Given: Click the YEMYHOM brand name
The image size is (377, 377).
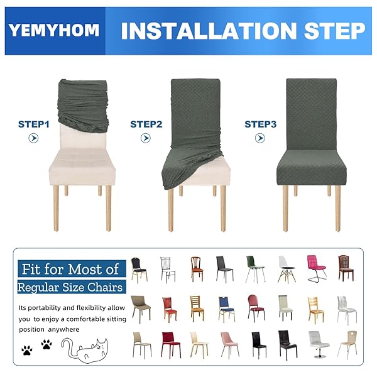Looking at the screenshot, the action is [x=54, y=30].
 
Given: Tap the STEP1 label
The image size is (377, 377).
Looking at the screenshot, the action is [x=34, y=124].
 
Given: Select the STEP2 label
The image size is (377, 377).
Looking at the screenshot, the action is [x=146, y=124].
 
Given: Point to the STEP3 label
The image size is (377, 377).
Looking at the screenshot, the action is [x=260, y=124].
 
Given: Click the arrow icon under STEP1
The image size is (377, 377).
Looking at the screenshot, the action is [x=33, y=138].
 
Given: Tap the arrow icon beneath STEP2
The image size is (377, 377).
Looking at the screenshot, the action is [x=146, y=138].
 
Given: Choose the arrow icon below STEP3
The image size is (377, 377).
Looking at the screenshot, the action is [x=260, y=138].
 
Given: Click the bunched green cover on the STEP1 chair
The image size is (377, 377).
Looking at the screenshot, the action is [x=84, y=106].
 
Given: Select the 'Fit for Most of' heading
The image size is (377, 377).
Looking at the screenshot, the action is [x=70, y=269].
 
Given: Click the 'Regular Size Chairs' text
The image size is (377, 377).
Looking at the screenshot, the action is [x=70, y=287].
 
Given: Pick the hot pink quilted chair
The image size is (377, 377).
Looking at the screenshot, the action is [x=317, y=268].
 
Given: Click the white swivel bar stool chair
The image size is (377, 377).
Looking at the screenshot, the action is [x=319, y=344].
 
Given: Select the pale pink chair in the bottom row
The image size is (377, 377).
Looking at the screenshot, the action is [x=229, y=344].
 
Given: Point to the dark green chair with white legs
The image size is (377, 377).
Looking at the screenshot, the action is [x=255, y=269].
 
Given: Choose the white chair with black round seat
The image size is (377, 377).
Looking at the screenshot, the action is [x=287, y=269].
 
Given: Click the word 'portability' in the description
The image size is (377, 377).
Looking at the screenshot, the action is [x=44, y=308].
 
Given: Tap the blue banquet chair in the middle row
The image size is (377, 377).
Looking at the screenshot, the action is [x=226, y=309].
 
